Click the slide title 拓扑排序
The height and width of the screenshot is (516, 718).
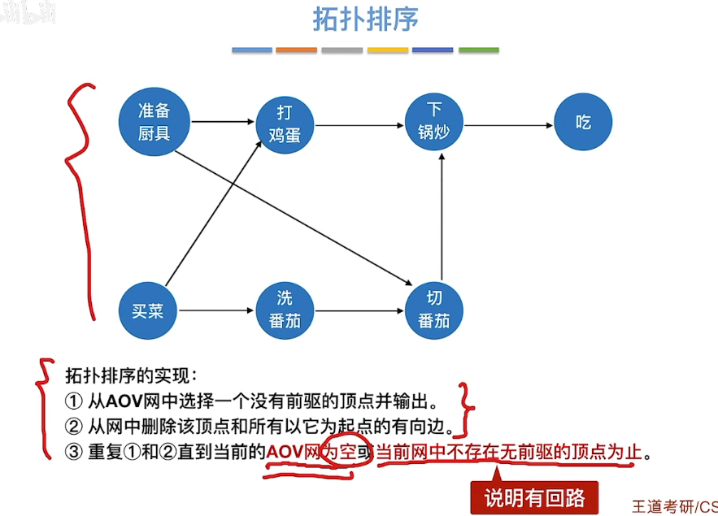tap(366, 20)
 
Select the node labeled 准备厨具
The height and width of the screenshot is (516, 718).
tap(154, 122)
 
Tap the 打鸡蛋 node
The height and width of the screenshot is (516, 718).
tap(285, 124)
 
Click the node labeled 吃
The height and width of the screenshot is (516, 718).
tap(583, 123)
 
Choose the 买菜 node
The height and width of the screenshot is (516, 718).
tap(148, 310)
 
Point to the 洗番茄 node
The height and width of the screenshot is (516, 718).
tap(285, 310)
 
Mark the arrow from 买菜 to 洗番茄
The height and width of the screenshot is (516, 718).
tap(216, 310)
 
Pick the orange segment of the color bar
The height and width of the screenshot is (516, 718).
tap(296, 50)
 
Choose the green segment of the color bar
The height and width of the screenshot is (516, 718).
tap(478, 50)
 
